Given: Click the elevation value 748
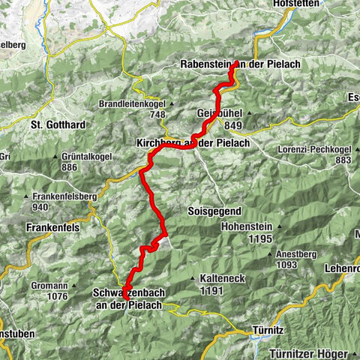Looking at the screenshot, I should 157,115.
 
